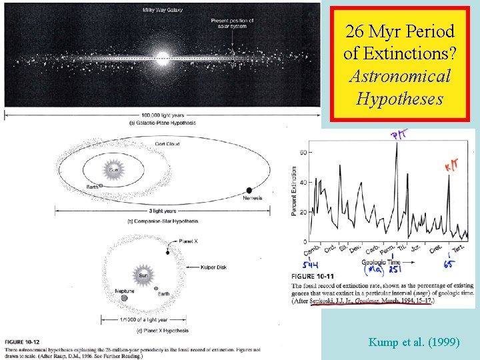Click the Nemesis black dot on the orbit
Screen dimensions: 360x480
coord(249,190)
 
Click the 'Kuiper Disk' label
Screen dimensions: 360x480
coord(213,267)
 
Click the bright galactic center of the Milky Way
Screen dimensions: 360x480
coord(162,55)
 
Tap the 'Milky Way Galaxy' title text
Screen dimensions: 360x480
coord(162,9)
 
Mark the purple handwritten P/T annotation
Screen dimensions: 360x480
coord(398,135)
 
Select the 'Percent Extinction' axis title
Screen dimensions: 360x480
coord(293,191)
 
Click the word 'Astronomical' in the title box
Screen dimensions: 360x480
coord(399,76)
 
